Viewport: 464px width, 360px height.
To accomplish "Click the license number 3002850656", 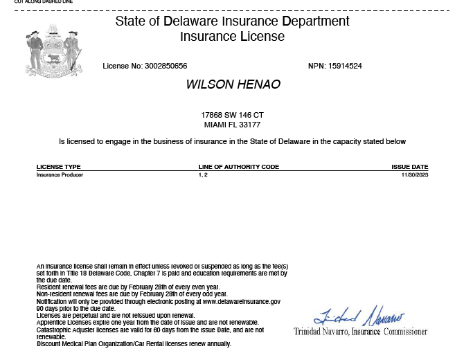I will pyautogui.click(x=166, y=66).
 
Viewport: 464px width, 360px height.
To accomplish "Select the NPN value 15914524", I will pyautogui.click(x=345, y=66).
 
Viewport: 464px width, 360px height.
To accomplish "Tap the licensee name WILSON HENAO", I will pyautogui.click(x=233, y=84).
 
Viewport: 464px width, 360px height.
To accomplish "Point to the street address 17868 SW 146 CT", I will pyautogui.click(x=232, y=115).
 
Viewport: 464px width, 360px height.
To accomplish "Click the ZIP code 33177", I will pyautogui.click(x=249, y=125).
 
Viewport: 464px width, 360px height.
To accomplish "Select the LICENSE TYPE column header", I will pyautogui.click(x=58, y=167).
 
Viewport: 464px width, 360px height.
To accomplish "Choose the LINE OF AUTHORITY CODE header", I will pyautogui.click(x=238, y=167).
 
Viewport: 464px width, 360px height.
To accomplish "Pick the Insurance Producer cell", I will pyautogui.click(x=60, y=175).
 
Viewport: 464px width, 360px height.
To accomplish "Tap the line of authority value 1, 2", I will pyautogui.click(x=203, y=175).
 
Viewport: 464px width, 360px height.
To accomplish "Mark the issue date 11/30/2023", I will pyautogui.click(x=415, y=175).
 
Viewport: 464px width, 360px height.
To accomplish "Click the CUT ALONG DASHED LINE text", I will pyautogui.click(x=43, y=2).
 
